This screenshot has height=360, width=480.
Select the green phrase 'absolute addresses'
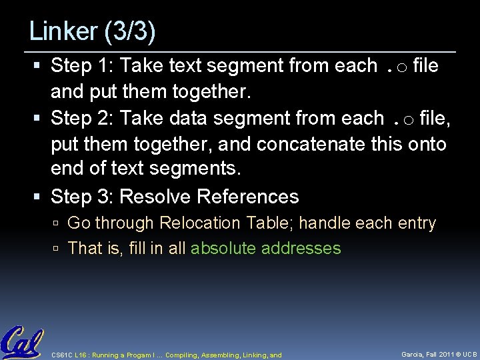265,249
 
